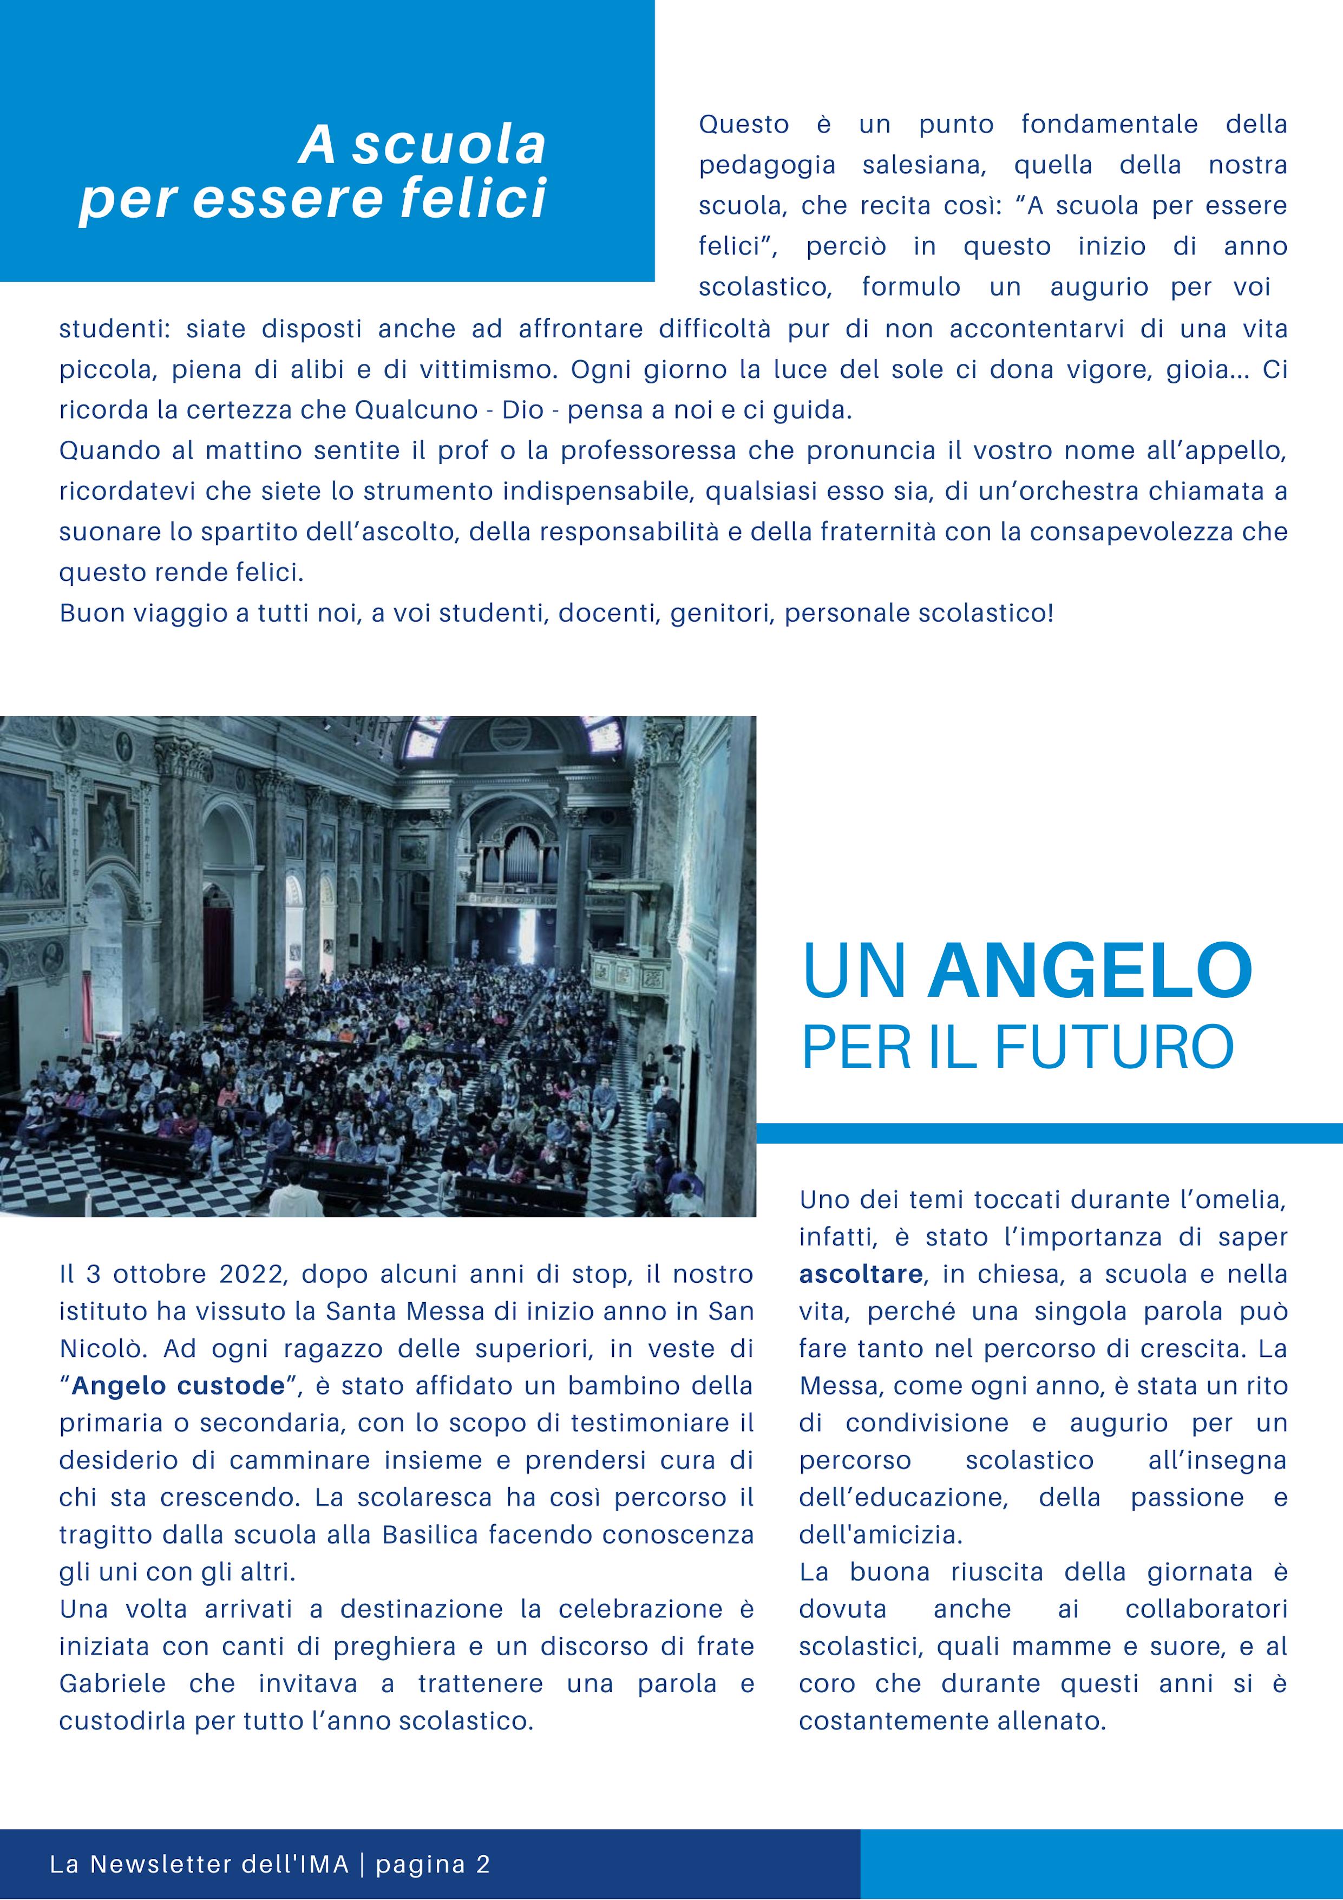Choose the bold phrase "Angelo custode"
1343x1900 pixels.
coord(178,1386)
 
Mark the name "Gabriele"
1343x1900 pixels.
coord(113,1684)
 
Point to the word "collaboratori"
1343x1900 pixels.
coord(1206,1610)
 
